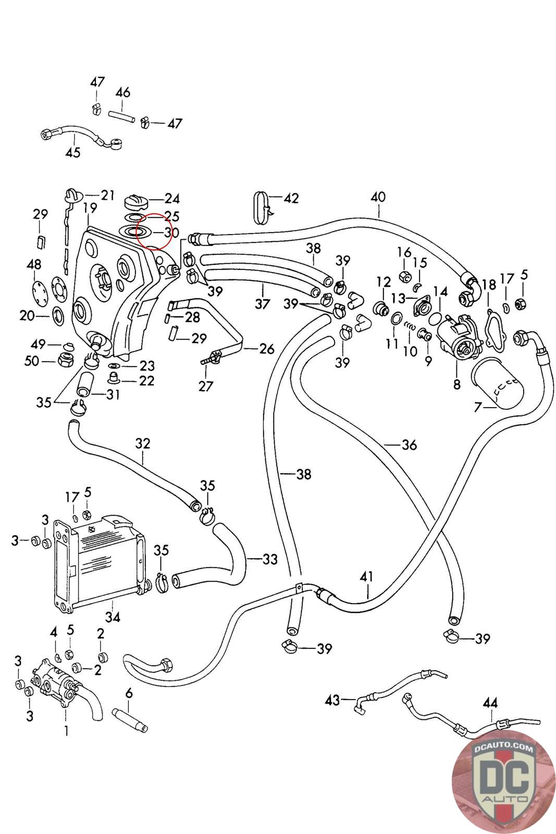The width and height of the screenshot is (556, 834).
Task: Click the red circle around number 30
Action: click(154, 232)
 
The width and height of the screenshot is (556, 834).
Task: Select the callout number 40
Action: click(378, 197)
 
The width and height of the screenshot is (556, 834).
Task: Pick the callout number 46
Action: click(122, 93)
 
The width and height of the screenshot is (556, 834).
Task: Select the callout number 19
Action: click(90, 207)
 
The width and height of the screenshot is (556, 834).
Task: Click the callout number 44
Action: click(490, 703)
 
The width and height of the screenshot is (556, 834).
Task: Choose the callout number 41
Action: click(367, 577)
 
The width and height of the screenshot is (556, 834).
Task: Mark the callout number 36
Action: click(410, 445)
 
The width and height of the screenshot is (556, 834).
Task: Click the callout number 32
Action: click(142, 443)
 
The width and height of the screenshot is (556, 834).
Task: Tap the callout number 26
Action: click(267, 348)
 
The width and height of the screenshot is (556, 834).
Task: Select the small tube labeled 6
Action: click(131, 714)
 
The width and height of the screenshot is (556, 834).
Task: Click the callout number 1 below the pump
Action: click(66, 731)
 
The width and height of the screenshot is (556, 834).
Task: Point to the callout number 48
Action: click(34, 265)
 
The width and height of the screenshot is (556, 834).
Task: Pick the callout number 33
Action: click(270, 559)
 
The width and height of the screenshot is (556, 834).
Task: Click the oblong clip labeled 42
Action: click(262, 207)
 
